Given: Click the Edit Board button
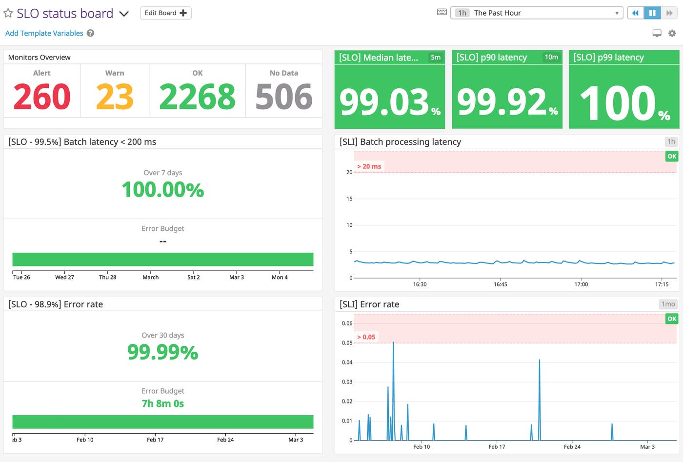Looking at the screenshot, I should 165,13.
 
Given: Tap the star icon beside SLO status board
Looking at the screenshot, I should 8,13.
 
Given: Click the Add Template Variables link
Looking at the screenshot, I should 44,33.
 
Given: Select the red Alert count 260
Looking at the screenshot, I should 42,97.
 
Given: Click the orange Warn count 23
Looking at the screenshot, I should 115,97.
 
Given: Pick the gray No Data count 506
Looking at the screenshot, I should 284,97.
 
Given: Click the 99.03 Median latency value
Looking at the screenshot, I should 384,102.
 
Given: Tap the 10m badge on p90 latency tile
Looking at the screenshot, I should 551,57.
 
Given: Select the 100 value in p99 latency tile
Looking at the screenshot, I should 618,103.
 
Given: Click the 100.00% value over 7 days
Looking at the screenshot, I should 163,190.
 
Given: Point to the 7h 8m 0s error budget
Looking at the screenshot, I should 163,403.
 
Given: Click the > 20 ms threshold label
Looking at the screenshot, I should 369,166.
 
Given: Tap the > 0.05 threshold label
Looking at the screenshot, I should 366,337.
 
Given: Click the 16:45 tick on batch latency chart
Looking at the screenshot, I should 501,284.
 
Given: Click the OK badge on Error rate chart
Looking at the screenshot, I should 672,319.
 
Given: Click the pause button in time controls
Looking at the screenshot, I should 652,13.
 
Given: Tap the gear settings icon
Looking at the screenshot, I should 672,33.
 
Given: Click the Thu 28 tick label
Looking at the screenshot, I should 107,277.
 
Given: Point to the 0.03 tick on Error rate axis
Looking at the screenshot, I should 347,382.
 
